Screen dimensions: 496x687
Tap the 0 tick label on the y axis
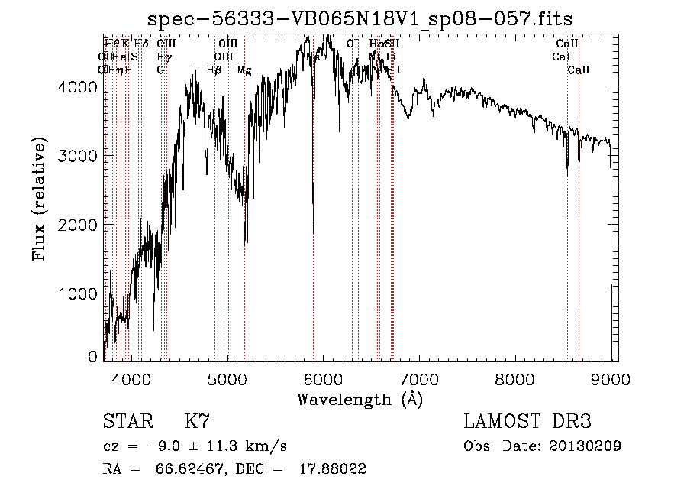93,357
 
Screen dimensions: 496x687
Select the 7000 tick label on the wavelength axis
419,378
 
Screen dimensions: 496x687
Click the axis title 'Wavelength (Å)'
360,399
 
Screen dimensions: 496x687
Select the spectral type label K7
196,422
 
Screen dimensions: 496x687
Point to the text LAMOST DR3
527,422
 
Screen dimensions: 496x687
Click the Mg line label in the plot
244,70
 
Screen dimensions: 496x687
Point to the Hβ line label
214,70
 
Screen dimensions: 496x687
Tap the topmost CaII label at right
567,44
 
